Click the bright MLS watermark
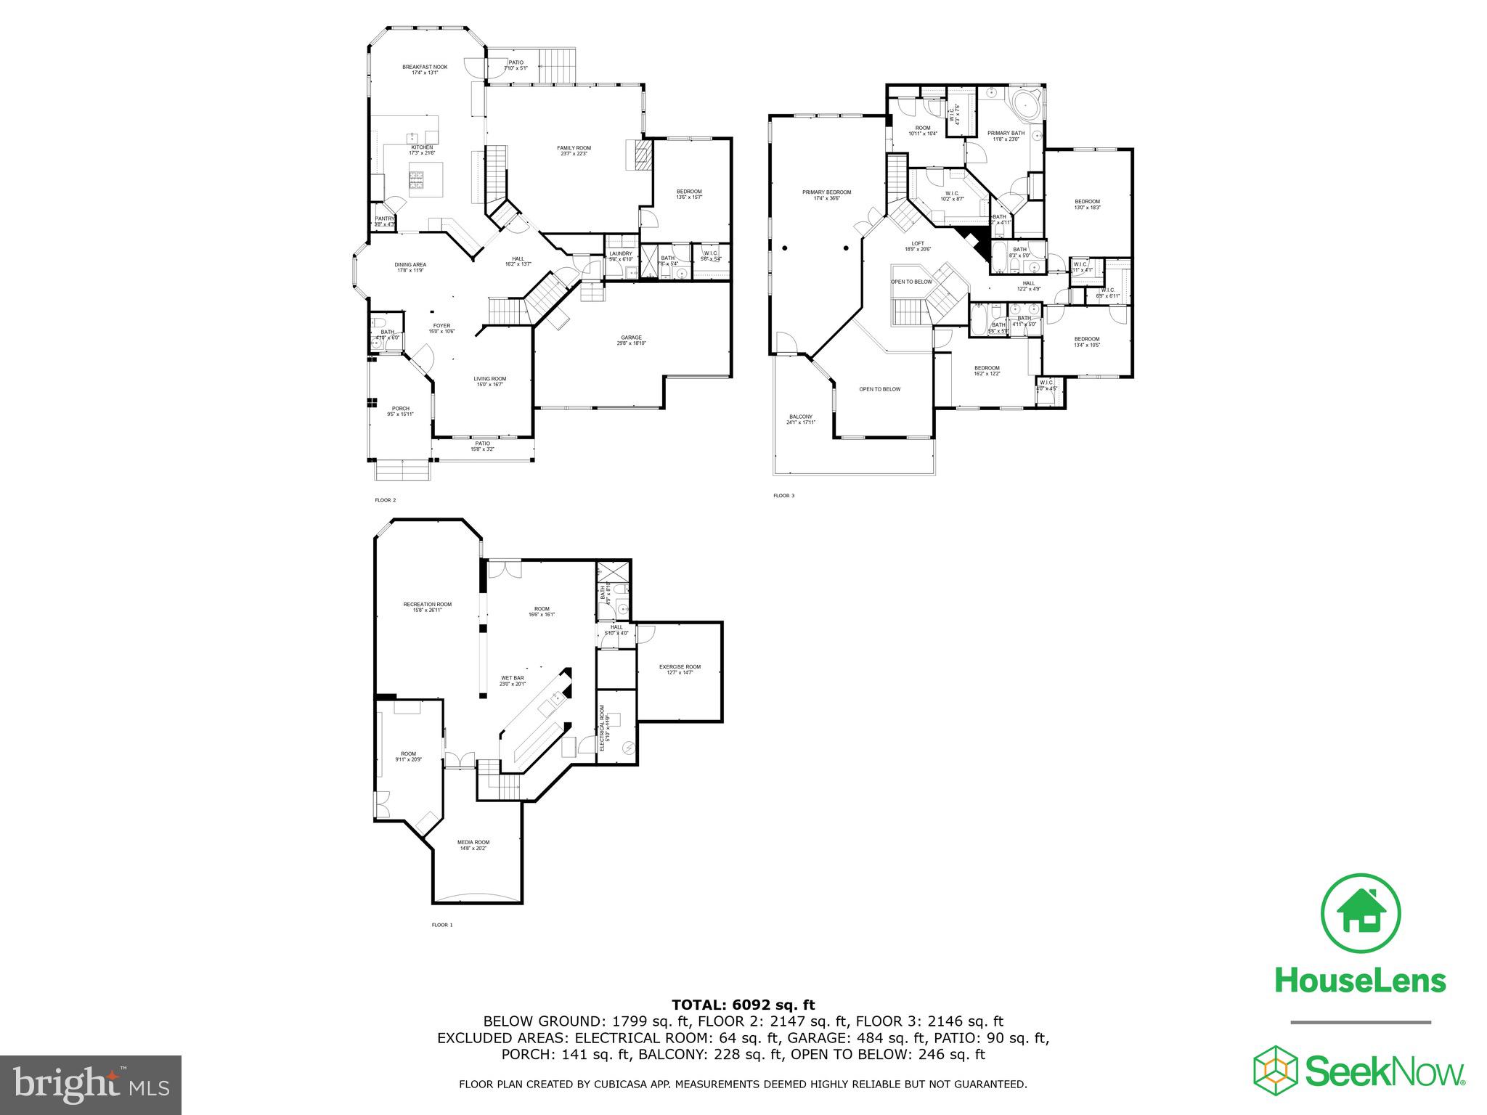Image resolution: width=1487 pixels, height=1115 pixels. coord(91,1084)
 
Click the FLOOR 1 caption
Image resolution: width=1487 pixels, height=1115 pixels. coord(441,925)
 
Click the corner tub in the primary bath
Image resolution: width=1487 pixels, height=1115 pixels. coord(1025,106)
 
